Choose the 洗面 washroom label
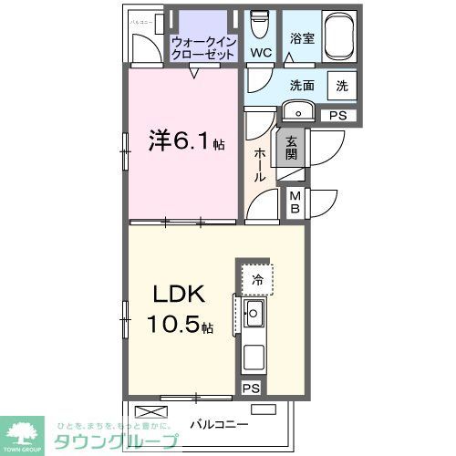pyautogui.click(x=303, y=86)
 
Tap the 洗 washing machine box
pyautogui.click(x=341, y=86)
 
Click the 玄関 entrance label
pyautogui.click(x=291, y=149)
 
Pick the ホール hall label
pyautogui.click(x=260, y=164)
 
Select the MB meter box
pyautogui.click(x=295, y=201)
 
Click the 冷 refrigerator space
pyautogui.click(x=257, y=280)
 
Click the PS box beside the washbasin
pyautogui.click(x=337, y=115)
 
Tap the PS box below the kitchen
pyautogui.click(x=251, y=389)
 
